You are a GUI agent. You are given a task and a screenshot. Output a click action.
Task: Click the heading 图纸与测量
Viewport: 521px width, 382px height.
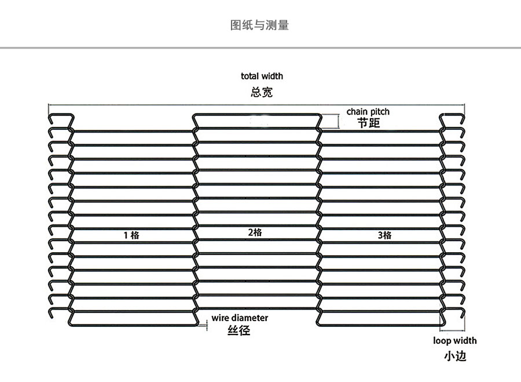[259, 25]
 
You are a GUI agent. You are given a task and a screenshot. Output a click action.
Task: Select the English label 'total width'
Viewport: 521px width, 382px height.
[262, 76]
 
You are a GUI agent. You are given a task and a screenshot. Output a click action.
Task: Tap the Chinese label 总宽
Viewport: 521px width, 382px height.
[262, 92]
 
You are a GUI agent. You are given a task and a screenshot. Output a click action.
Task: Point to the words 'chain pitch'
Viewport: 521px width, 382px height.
[368, 111]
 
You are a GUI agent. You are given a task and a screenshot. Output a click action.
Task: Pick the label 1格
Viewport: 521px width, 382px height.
[131, 235]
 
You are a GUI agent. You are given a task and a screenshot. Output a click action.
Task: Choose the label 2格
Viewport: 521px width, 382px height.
[255, 232]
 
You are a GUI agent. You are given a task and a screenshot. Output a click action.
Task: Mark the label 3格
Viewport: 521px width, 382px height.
[384, 235]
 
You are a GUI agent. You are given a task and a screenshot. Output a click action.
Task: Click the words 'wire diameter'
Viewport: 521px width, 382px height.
[240, 318]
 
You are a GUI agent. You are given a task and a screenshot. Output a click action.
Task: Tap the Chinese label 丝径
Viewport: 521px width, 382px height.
[239, 331]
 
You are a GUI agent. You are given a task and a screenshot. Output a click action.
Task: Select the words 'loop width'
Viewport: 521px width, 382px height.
[455, 341]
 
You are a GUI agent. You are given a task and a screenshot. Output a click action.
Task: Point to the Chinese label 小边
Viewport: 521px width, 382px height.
[455, 356]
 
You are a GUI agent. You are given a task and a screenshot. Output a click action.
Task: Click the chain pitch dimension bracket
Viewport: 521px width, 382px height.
[335, 121]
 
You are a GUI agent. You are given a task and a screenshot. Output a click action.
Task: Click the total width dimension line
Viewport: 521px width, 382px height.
[257, 104]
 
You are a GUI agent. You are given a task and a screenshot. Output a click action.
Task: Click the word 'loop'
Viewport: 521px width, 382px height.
[442, 341]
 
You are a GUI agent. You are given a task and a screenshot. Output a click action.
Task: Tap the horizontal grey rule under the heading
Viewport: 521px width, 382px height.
[260, 48]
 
